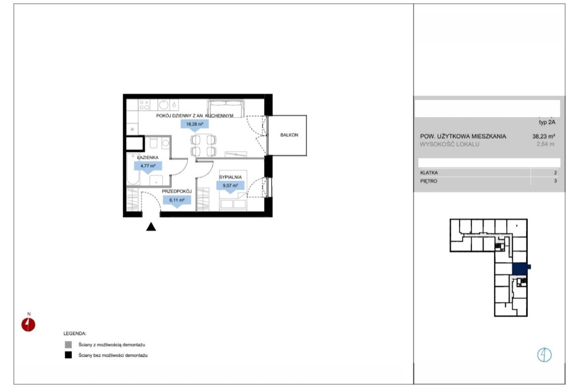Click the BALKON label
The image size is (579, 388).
289,135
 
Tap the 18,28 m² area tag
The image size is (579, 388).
194,124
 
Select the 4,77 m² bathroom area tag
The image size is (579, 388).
147,166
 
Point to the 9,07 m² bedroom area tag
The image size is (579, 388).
230,185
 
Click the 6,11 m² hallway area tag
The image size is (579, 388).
177,200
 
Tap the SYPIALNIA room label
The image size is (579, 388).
230,177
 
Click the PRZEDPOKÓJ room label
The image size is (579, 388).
177,191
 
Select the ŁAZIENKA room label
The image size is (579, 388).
147,158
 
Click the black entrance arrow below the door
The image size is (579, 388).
151,227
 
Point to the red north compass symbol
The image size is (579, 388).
28,324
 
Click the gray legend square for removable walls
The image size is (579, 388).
68,345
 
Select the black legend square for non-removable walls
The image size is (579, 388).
68,355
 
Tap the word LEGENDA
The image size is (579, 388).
75,334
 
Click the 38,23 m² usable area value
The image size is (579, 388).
543,136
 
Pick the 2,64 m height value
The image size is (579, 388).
545,144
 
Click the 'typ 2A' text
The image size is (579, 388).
547,123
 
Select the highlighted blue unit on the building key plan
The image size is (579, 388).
521,268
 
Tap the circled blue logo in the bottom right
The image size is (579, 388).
544,355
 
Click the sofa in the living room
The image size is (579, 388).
226,108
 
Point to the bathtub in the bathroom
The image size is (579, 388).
133,170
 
